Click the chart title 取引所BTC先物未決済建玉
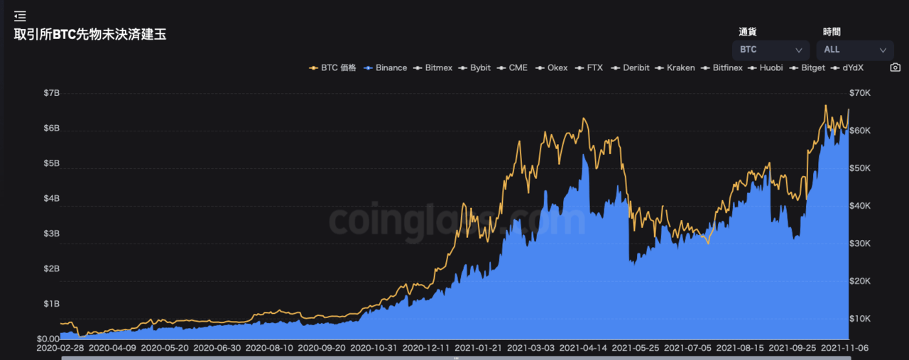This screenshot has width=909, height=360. coord(90,35)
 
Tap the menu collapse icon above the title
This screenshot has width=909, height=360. coord(20,16)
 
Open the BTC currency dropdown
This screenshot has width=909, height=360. coord(771,50)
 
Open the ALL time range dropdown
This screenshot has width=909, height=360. coord(855,50)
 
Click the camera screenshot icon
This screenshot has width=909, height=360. coord(896,67)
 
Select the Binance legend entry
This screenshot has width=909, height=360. coord(386,67)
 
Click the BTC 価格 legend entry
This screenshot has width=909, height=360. coord(332,67)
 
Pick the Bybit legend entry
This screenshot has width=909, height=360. coord(474,67)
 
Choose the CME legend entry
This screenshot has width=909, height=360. coord(512,67)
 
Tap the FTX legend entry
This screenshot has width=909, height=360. coord(589,67)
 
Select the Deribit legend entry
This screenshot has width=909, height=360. coord(630,67)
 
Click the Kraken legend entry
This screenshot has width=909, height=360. coord(675,67)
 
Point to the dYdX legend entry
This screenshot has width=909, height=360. coord(847,67)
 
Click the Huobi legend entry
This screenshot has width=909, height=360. coord(766,67)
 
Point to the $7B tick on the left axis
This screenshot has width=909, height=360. coord(52,93)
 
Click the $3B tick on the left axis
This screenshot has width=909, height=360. coord(52,234)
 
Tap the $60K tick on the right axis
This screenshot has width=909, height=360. coord(860,131)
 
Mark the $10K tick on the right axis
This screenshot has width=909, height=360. coord(860,319)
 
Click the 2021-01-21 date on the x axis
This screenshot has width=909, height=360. coord(478,348)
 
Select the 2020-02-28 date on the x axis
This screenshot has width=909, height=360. coord(60,348)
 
